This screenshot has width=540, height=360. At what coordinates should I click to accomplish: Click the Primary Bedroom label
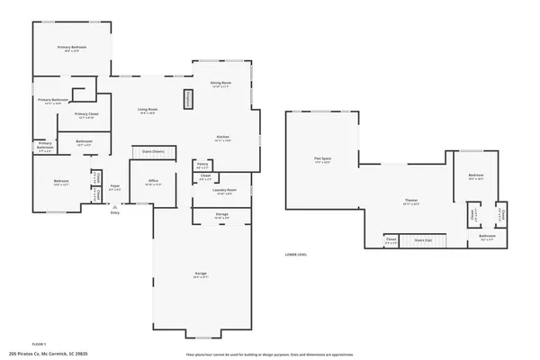(72, 47)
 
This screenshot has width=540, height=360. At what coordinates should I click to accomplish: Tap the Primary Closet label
(86, 114)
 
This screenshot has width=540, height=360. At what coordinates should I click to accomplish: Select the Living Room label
(147, 111)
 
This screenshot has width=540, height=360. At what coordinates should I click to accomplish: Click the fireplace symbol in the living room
(188, 99)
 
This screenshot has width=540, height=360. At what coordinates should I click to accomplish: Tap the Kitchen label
(222, 138)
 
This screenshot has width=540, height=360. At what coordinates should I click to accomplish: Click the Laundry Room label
(224, 191)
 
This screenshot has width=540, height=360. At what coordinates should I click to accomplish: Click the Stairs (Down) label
(151, 151)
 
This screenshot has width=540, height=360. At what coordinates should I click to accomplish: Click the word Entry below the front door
(114, 212)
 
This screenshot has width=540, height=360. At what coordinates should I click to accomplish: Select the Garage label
(201, 273)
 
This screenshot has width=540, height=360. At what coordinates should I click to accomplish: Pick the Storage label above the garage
(221, 214)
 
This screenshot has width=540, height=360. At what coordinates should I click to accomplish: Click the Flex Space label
(322, 160)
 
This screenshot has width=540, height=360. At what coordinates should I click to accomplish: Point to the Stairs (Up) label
(423, 240)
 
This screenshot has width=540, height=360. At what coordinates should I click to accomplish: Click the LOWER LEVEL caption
(296, 255)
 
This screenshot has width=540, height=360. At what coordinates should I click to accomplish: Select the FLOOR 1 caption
(40, 344)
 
